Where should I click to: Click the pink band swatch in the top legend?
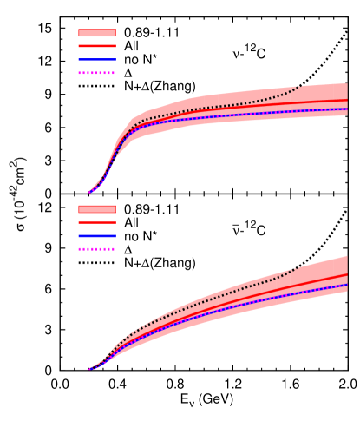coord(96,33)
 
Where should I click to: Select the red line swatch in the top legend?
coord(96,46)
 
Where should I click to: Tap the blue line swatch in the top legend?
coord(96,59)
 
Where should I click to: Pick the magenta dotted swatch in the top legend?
coord(96,73)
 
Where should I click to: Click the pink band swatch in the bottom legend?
coord(96,209)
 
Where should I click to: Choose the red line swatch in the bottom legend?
coord(96,222)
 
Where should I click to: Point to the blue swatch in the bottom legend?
coord(96,235)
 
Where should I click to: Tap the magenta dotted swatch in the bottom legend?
coord(96,249)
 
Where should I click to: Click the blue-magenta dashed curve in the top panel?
coord(260,114)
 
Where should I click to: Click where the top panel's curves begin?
coord(89,193)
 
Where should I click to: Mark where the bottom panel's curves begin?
coord(89,369)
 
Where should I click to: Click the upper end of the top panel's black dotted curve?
coord(300,87)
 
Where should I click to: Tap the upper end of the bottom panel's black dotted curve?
coord(298,268)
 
